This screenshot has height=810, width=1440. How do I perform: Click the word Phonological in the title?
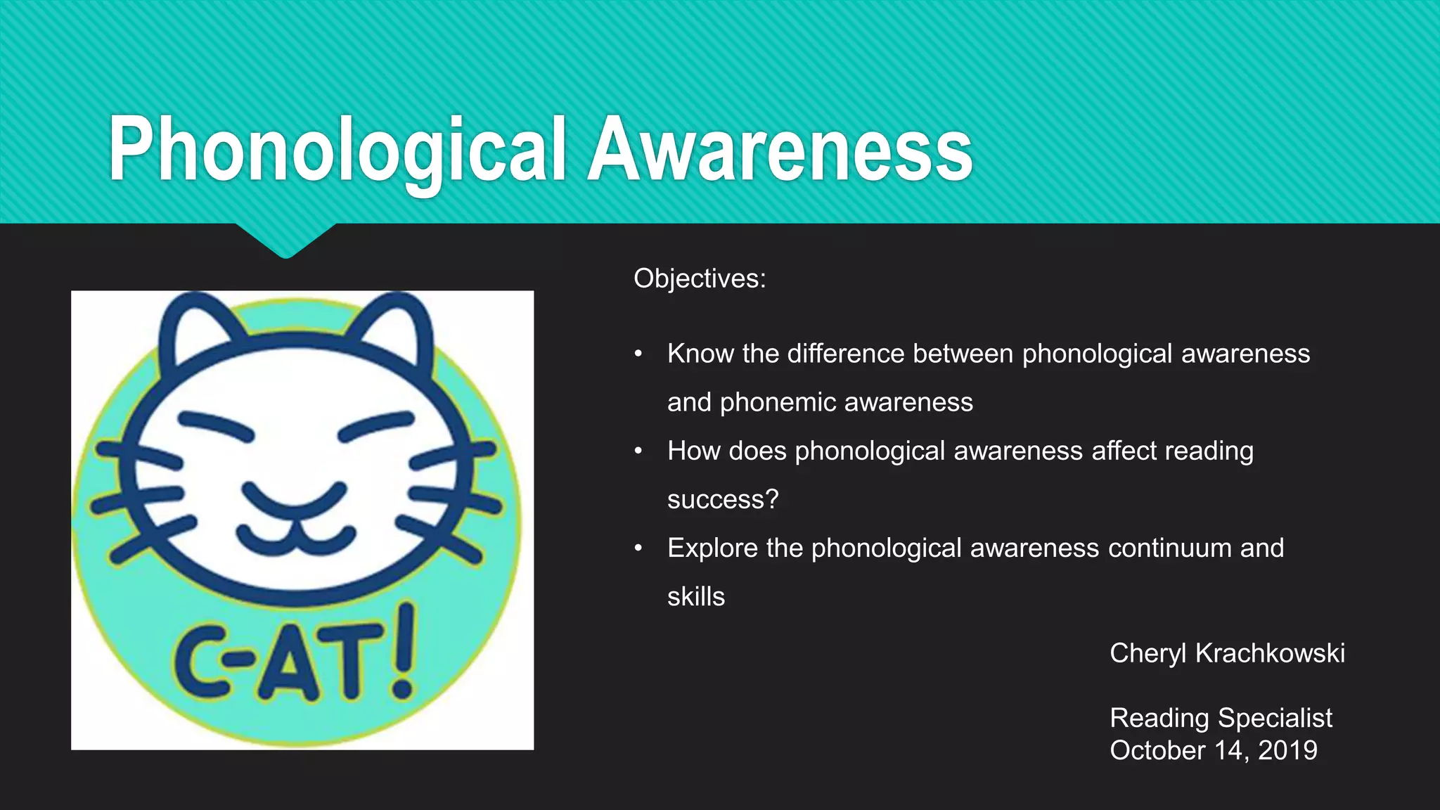pos(337,150)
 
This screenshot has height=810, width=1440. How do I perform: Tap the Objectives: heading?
pos(700,278)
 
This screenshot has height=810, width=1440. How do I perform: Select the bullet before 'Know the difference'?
pos(638,354)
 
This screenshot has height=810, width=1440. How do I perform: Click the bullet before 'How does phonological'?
pos(638,451)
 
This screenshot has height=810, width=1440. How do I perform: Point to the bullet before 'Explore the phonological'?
pos(638,548)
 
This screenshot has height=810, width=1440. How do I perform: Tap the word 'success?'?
pos(723,499)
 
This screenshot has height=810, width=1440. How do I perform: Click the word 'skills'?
pos(696,597)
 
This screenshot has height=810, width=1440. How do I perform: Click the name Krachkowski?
pos(1270,653)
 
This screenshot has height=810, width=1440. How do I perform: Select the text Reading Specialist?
pos(1221,718)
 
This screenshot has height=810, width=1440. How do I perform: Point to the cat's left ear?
pos(200,330)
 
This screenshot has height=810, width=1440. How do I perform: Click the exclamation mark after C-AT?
pos(404,654)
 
